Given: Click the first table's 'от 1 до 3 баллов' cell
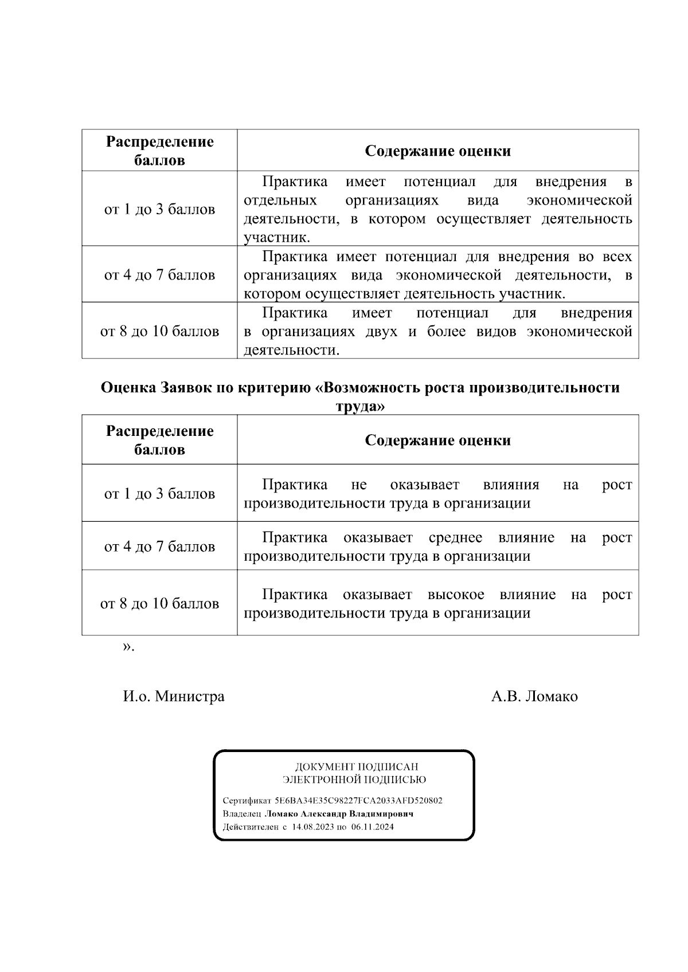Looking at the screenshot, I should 159,209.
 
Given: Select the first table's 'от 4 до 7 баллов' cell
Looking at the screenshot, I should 159,275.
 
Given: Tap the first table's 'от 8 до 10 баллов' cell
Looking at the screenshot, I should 159,331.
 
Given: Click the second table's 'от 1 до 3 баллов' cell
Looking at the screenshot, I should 159,494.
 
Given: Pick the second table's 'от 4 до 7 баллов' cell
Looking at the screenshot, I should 159,546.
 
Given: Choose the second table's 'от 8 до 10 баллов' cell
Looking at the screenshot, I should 159,603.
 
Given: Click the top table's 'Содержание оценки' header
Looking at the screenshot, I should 437,151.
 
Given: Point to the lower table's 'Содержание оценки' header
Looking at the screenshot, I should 437,440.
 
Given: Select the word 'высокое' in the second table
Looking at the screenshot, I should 456,595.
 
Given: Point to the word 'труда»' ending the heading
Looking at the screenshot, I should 359,406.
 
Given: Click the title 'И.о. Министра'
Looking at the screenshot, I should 174,696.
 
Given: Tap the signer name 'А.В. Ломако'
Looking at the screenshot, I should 534,696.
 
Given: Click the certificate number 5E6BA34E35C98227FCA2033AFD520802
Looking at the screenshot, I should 358,800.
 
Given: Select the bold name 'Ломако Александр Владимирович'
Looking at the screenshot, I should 338,813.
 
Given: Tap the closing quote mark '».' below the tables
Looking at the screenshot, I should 128,647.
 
